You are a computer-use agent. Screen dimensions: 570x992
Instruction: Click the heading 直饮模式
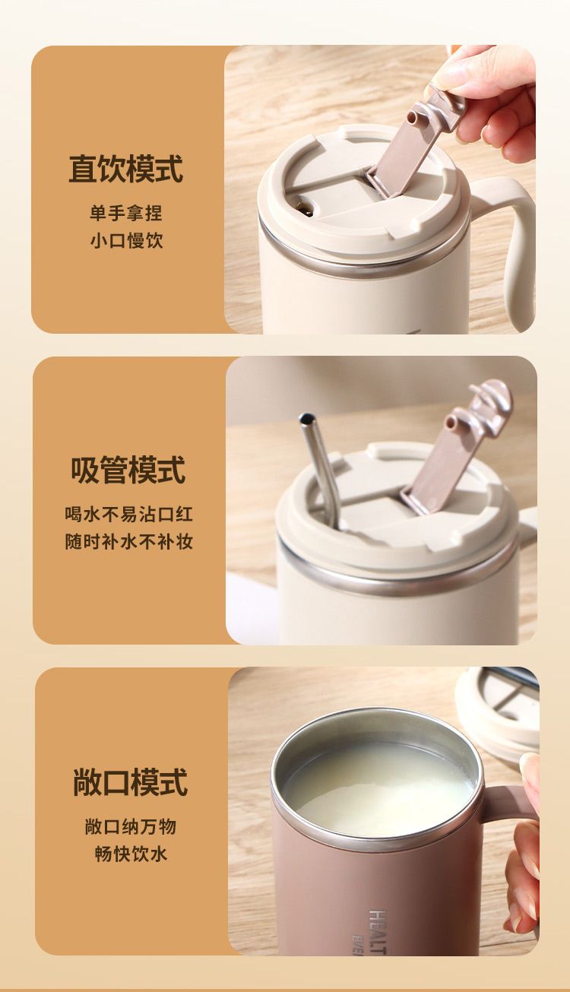click(126, 169)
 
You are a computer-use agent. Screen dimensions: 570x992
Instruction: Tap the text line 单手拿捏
click(126, 213)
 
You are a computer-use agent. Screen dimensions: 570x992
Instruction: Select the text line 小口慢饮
click(127, 241)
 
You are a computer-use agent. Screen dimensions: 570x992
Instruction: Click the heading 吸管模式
click(128, 470)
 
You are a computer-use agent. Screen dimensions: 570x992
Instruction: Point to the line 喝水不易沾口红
click(129, 514)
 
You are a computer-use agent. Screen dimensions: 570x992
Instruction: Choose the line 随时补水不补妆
click(129, 542)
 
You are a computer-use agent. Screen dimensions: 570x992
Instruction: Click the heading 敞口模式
click(130, 782)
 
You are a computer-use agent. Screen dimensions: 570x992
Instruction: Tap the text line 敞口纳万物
click(131, 826)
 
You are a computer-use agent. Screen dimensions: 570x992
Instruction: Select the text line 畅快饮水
click(131, 854)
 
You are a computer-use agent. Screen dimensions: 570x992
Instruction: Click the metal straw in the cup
click(320, 470)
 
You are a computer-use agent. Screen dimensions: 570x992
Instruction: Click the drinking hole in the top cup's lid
click(305, 208)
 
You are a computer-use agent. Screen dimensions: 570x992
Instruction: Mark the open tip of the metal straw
click(306, 418)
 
